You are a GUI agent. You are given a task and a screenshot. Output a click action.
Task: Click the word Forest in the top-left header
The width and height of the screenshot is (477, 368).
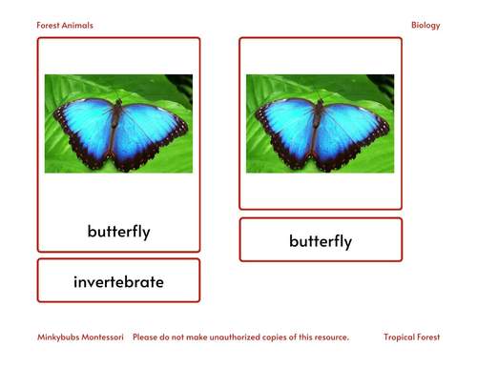[50, 26]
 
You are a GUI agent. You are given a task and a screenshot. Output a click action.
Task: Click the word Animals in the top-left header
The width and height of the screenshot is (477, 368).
[79, 26]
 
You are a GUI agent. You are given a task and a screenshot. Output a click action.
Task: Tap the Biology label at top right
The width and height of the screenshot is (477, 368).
[425, 26]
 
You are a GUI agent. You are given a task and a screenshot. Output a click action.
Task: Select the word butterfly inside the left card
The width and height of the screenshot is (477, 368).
[118, 232]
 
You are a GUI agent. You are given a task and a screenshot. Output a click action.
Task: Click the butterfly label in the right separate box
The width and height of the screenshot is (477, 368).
[321, 241]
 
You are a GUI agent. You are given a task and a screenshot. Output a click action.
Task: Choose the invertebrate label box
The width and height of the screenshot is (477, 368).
[118, 282]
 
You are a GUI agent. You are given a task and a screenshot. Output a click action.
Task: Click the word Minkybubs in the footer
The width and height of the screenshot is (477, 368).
[58, 337]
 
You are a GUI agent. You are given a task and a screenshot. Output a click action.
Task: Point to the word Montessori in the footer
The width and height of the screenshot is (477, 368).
[104, 337]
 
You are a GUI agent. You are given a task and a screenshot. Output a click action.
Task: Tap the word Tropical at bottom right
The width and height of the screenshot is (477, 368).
[400, 337]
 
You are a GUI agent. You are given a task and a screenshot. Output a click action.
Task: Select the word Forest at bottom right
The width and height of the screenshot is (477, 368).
[428, 337]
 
